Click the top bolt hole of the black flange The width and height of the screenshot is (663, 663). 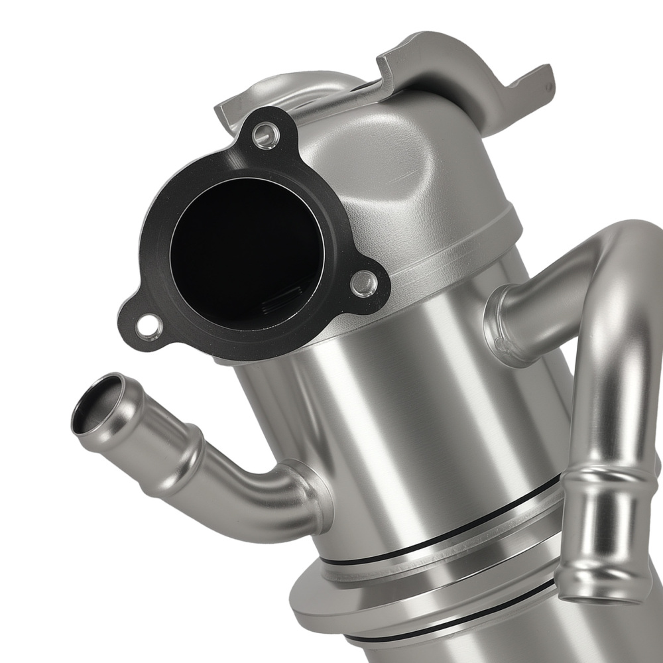[x=266, y=136]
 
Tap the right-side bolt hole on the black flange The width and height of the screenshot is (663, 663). [x=363, y=284]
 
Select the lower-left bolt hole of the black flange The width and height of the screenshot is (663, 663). [x=149, y=327]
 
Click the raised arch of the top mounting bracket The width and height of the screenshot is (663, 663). [x=424, y=53]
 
